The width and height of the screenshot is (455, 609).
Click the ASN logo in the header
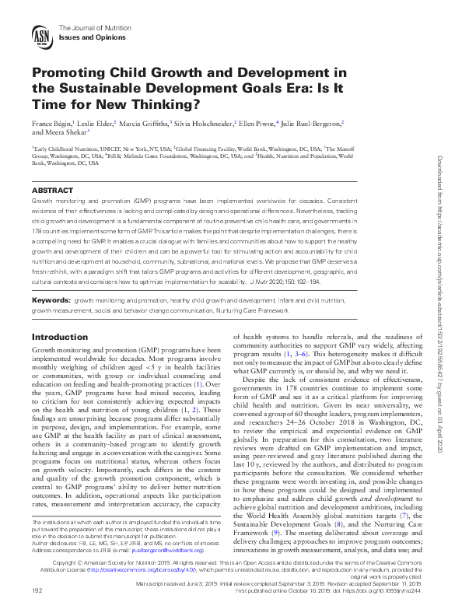click(42, 35)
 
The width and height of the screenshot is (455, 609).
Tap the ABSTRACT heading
click(53, 190)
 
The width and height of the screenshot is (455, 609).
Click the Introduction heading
click(59, 337)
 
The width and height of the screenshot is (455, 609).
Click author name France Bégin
click(51, 123)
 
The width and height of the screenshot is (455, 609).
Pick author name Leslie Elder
click(96, 123)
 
